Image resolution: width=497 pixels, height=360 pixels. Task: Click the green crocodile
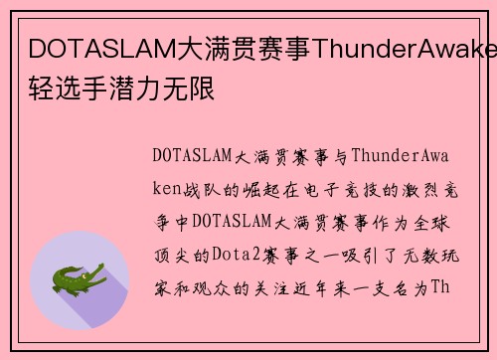(x=79, y=275)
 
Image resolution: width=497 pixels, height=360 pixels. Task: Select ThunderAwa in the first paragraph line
(x=406, y=156)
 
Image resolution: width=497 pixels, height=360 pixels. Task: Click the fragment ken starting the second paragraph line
(x=169, y=188)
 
